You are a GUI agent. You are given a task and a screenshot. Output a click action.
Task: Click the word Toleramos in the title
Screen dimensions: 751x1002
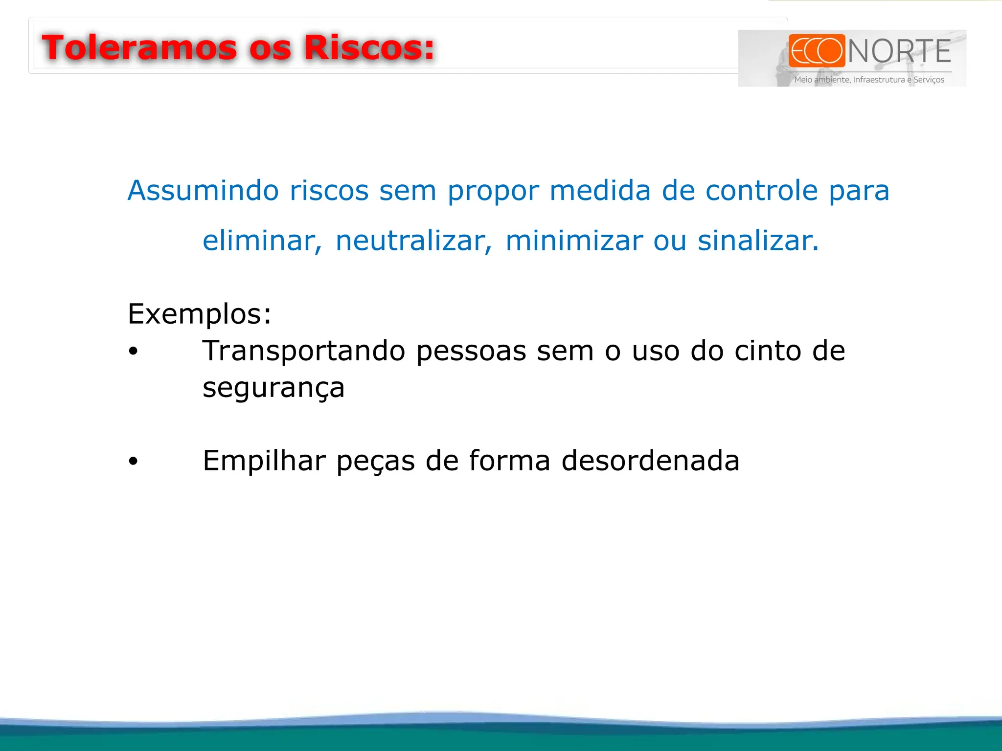[139, 48]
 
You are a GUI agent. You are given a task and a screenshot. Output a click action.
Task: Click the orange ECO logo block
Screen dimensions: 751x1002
[817, 50]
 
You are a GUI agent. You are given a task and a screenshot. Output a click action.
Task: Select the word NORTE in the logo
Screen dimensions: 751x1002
[899, 51]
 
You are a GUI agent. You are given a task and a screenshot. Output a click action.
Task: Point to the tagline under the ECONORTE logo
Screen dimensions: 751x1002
[869, 80]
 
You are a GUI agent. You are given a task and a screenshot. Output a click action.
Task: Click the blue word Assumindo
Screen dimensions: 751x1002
[203, 190]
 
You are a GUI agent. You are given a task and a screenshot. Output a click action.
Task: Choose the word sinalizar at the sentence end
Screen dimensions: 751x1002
[757, 241]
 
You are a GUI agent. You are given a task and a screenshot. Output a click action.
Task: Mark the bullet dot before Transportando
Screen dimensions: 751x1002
[133, 352]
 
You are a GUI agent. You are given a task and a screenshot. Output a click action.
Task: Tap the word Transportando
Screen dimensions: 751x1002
[304, 351]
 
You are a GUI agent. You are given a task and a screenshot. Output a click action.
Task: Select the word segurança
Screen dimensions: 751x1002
[273, 388]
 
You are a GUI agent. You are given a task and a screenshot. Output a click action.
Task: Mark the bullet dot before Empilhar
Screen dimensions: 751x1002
[133, 461]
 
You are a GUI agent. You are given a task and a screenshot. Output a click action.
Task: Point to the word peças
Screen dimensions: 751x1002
[375, 462]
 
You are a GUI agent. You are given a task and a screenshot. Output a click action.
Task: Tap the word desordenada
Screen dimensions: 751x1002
[650, 461]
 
